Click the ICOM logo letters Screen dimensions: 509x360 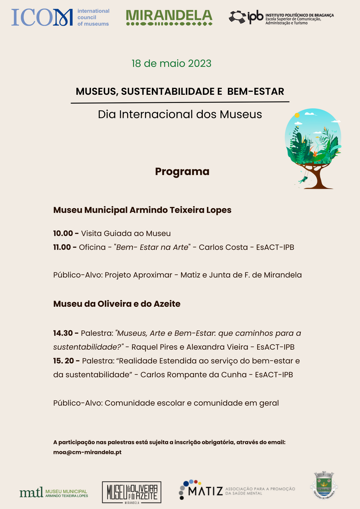(x=42, y=18)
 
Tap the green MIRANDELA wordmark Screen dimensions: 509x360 (x=169, y=15)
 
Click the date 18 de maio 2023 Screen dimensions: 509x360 (x=172, y=64)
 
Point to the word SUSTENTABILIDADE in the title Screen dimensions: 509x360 (x=172, y=91)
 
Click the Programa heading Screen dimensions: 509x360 (x=182, y=172)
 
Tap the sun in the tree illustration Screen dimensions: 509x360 (x=297, y=115)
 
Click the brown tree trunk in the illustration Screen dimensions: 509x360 (x=317, y=178)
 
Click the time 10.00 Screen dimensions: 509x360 (x=63, y=234)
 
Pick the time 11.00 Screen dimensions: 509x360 (x=62, y=248)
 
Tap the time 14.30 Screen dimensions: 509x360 (x=63, y=333)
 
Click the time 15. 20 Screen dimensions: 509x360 (x=64, y=361)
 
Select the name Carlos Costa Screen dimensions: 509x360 (x=223, y=248)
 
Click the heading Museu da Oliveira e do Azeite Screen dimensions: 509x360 (x=117, y=304)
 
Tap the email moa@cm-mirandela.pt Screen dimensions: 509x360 (x=87, y=452)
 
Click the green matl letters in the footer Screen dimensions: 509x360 (x=31, y=492)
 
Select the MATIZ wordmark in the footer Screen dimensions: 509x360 (x=206, y=491)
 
